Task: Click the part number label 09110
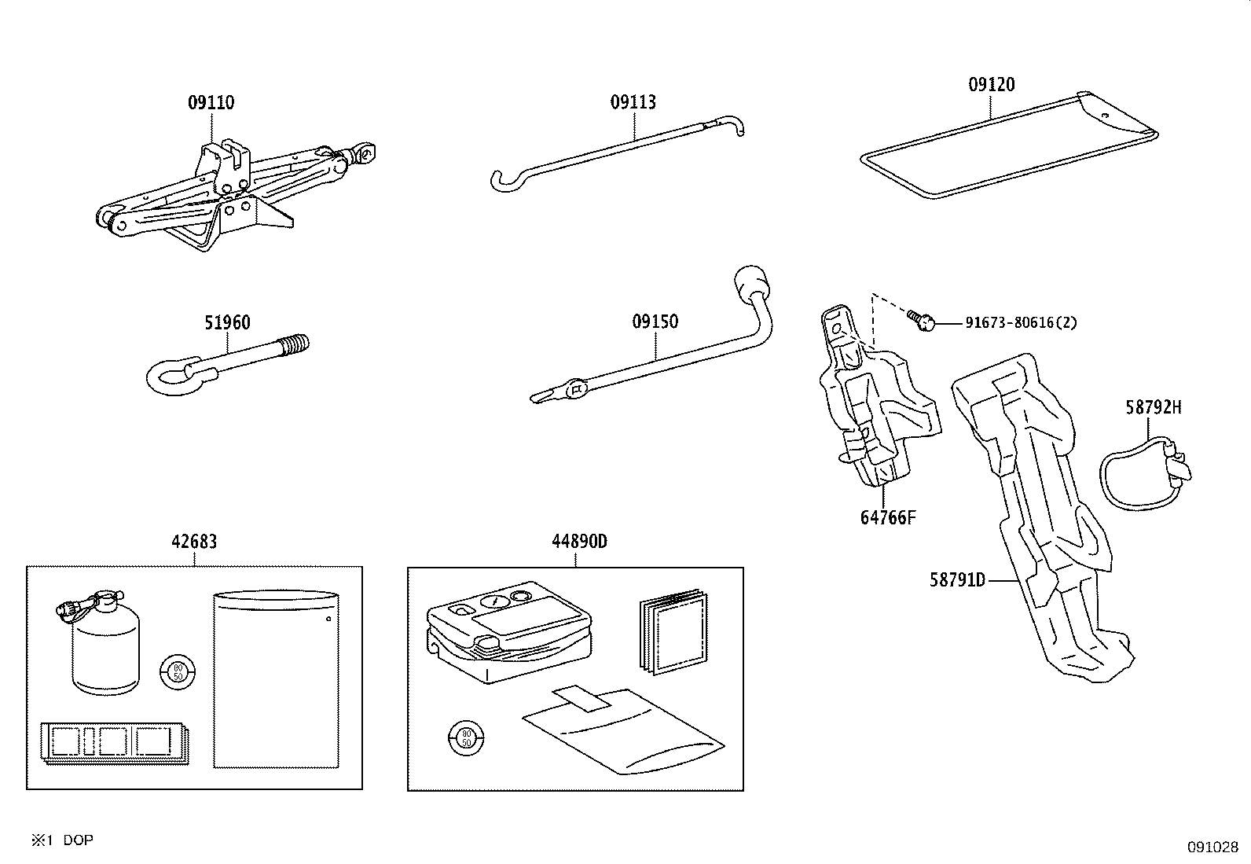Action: pos(211,102)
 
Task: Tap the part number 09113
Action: pos(633,102)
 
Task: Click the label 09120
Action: pos(991,85)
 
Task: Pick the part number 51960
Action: pos(227,322)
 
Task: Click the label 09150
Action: pos(655,322)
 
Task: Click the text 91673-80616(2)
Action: pos(1021,322)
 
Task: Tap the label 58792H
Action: pos(1153,407)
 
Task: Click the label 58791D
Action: pos(957,580)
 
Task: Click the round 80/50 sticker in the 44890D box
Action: pos(465,737)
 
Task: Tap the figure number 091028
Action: pos(1212,847)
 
